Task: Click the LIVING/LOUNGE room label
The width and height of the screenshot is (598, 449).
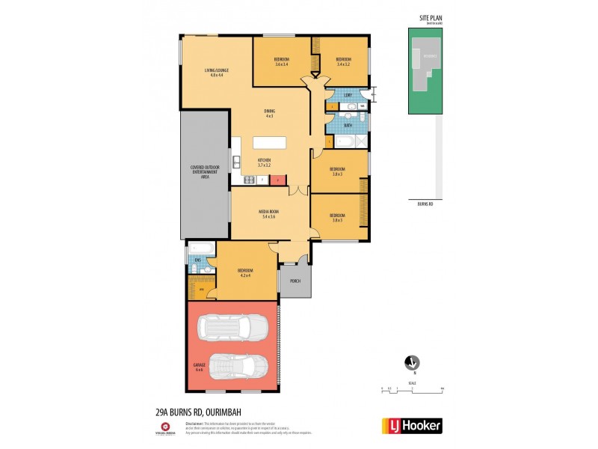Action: click(218, 73)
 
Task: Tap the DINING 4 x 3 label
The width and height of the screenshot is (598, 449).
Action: click(269, 114)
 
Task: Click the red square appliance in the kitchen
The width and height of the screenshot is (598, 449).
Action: click(278, 180)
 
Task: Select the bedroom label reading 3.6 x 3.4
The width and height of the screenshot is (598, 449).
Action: click(282, 61)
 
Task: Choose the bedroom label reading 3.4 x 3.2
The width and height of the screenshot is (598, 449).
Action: click(343, 61)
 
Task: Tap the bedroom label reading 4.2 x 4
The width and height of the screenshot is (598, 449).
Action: click(246, 272)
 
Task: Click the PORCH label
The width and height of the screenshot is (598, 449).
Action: click(295, 281)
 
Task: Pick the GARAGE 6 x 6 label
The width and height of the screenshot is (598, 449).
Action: click(200, 367)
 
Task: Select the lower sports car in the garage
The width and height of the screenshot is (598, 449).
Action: click(238, 367)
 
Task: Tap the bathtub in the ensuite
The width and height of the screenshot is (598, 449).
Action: click(200, 248)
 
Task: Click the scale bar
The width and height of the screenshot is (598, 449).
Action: click(412, 388)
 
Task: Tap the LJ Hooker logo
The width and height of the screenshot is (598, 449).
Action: click(412, 426)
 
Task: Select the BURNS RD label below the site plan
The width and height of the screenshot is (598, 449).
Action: click(425, 203)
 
